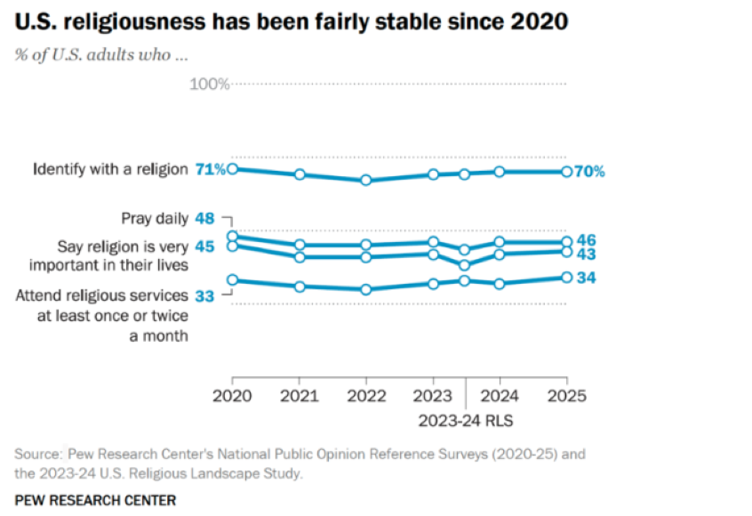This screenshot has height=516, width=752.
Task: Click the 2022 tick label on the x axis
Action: (x=365, y=395)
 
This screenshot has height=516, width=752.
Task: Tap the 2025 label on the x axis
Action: (x=566, y=395)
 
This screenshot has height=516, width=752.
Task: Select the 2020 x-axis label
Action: (x=232, y=395)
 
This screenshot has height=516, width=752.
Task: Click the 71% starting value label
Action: (x=211, y=169)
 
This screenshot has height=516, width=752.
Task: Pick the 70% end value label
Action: (x=589, y=172)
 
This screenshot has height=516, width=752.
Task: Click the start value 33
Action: (x=204, y=296)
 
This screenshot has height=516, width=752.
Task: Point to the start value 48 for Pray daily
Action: (x=204, y=218)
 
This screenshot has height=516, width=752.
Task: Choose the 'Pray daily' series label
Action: (x=154, y=218)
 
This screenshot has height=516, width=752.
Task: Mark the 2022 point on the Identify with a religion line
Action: (x=365, y=180)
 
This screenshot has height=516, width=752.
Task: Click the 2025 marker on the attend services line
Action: (x=566, y=278)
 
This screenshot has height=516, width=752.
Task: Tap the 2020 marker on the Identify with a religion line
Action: (x=233, y=168)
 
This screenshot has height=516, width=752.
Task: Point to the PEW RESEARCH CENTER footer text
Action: (x=95, y=500)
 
